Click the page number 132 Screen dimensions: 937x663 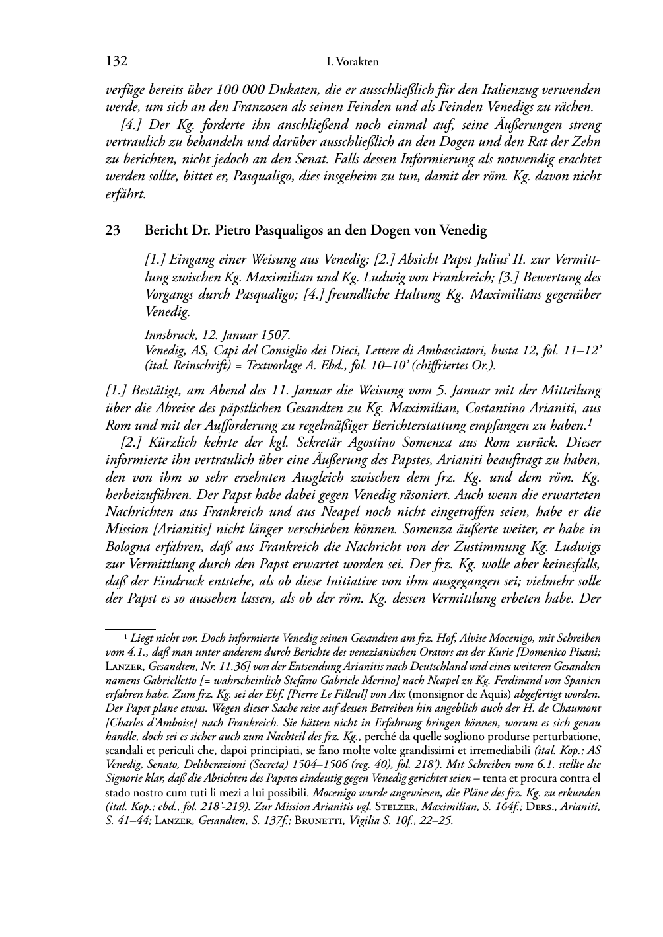116,62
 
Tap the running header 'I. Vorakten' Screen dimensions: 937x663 353,63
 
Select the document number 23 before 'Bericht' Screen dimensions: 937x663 112,231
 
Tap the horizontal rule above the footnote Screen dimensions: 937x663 130,629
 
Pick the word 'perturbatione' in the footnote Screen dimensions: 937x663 567,736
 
